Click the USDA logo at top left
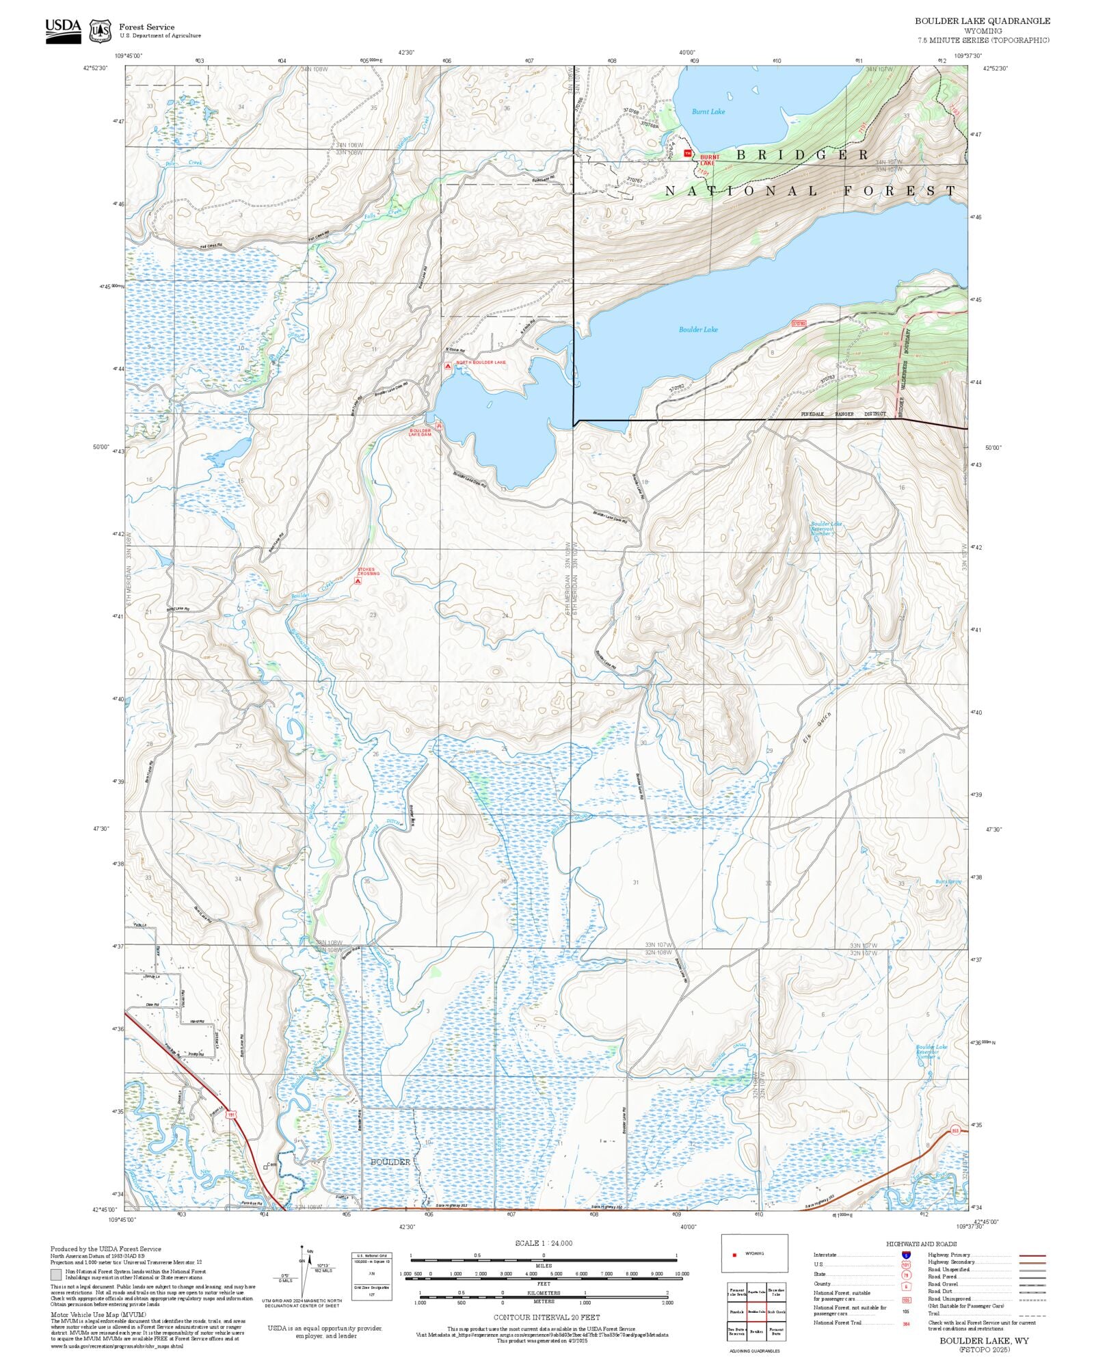(x=63, y=31)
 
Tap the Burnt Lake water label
(x=708, y=111)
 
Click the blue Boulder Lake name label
(x=698, y=330)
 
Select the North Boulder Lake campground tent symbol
(x=448, y=367)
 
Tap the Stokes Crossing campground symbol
(x=358, y=581)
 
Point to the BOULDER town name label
(x=390, y=1162)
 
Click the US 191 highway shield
(x=232, y=1115)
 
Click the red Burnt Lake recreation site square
(x=688, y=153)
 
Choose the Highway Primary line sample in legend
(x=1032, y=1255)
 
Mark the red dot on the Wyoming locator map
(x=734, y=1255)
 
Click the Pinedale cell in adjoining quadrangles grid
(x=736, y=1312)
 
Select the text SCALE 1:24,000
(x=544, y=1243)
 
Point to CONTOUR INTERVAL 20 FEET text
(x=546, y=1317)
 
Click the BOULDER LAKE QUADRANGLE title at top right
(x=983, y=21)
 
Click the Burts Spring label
(x=948, y=881)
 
